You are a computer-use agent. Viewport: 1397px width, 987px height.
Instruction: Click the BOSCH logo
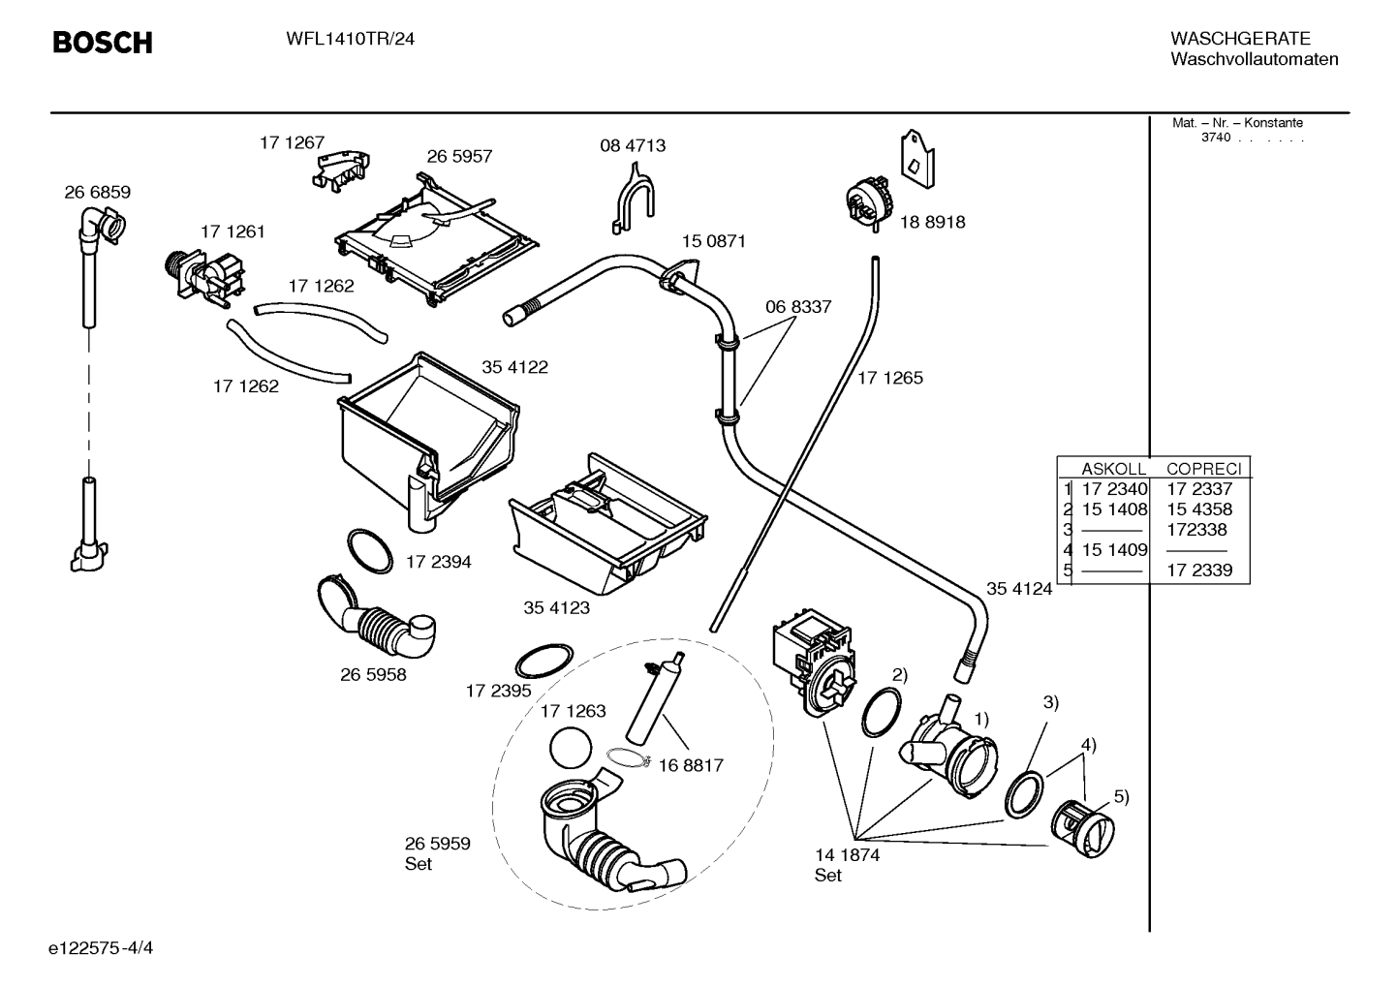[x=103, y=43]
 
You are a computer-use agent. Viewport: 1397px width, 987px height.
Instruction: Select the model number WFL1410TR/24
[x=351, y=39]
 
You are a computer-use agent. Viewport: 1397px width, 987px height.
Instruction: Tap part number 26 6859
[x=97, y=192]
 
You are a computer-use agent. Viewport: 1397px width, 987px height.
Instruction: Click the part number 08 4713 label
[x=633, y=145]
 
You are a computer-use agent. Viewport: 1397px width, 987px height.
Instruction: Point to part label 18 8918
[x=932, y=222]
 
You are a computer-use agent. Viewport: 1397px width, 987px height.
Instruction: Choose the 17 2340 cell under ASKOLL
[x=1114, y=489]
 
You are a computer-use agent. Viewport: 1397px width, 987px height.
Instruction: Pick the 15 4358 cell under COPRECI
[x=1199, y=509]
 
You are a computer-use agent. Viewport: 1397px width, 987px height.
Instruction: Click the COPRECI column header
[x=1203, y=469]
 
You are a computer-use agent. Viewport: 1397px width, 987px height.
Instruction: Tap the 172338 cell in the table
[x=1196, y=530]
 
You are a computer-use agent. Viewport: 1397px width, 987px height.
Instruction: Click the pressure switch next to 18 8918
[x=869, y=202]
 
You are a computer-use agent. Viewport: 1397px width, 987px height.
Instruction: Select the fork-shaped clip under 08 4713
[x=633, y=199]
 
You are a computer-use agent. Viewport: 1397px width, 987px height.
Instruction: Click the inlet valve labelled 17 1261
[x=204, y=279]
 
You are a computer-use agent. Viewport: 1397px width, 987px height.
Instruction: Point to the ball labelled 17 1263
[x=571, y=748]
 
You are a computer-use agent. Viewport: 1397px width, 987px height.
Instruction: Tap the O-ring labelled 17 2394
[x=370, y=551]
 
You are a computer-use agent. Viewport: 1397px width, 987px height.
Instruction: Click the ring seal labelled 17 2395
[x=544, y=661]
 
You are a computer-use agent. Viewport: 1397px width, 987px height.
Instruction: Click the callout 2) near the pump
[x=900, y=674]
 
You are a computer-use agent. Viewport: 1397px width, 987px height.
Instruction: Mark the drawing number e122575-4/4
[x=101, y=948]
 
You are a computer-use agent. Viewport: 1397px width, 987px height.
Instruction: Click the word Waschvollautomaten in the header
[x=1255, y=59]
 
